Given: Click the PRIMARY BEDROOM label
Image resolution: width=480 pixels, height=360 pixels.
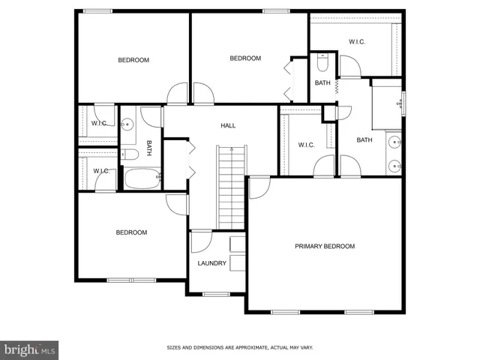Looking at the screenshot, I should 324,246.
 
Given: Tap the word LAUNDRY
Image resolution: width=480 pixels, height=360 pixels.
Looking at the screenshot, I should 211,263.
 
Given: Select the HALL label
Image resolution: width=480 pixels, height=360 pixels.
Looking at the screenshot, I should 228,125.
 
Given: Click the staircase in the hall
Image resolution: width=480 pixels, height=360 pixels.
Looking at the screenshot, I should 232,187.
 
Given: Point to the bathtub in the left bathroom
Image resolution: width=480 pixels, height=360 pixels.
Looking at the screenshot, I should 142,179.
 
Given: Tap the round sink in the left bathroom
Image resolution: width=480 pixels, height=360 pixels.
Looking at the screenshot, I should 127,124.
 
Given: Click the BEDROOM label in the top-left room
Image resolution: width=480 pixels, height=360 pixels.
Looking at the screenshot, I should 133,60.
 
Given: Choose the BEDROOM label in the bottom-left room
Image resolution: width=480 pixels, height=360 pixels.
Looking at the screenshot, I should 131,232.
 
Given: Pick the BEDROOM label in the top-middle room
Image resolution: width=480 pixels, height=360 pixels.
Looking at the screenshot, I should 244,58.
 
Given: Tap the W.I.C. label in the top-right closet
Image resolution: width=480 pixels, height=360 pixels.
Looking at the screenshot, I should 356,41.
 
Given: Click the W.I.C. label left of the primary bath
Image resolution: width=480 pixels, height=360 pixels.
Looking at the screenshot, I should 306,145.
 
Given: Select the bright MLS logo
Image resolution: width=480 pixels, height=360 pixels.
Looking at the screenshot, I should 30,349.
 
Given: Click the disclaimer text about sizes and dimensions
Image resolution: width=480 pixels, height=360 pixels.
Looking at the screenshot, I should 239,347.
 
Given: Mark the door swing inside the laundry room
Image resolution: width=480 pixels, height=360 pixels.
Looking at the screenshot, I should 199,241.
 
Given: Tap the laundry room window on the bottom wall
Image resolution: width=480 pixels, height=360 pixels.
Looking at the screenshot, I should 216,294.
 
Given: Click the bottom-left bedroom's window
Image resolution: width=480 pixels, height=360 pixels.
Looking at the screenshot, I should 130,280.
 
